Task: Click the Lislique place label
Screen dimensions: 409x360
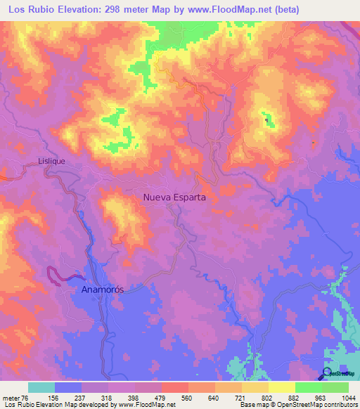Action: click(51, 161)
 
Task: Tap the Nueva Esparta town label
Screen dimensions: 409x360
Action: click(174, 197)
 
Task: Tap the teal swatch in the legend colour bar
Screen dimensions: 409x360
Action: click(41, 387)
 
